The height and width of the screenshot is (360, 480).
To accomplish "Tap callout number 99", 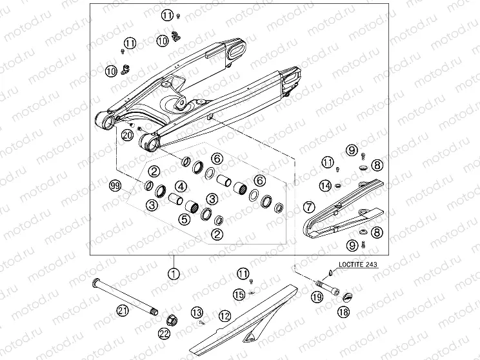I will click(x=116, y=186).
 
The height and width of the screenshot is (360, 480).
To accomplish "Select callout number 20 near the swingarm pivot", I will click(x=126, y=135).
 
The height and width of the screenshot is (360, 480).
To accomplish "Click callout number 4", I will click(x=182, y=186).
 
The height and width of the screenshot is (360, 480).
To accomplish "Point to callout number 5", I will click(x=185, y=219).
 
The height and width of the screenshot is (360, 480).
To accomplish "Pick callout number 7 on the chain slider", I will click(x=309, y=208).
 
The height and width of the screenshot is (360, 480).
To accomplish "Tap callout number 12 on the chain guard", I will click(x=224, y=316).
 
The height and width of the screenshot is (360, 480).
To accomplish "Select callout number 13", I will click(x=197, y=312).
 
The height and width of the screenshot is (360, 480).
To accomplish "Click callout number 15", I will click(x=239, y=295).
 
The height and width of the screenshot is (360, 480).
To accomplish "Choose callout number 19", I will click(x=317, y=297).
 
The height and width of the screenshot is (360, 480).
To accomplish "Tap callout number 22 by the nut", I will click(x=164, y=334).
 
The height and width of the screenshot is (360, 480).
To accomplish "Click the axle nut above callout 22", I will click(x=173, y=318).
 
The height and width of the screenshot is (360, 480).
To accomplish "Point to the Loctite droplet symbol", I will click(x=331, y=272).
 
